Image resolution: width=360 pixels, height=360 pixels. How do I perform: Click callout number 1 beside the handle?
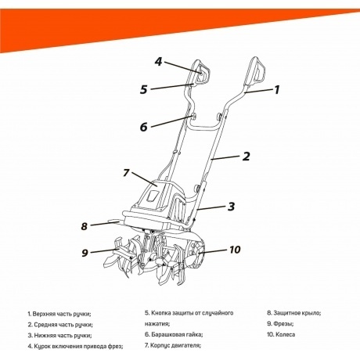pos(275,90)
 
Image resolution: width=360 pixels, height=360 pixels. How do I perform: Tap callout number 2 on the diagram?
pos(246,157)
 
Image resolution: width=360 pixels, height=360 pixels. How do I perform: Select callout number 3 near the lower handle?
pos(232,207)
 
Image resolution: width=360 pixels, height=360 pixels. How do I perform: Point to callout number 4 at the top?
pos(157,61)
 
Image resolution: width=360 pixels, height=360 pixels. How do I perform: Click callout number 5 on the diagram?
pos(144,89)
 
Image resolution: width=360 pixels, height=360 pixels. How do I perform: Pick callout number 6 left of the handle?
pos(143,127)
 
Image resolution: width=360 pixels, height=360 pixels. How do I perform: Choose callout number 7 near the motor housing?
pos(125,173)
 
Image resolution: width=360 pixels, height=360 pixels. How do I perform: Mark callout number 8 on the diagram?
pos(85,227)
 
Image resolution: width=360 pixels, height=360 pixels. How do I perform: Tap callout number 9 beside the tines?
pos(85,253)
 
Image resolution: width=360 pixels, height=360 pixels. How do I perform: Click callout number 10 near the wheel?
pos(235,250)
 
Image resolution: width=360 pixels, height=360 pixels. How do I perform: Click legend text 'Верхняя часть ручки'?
pos(63,313)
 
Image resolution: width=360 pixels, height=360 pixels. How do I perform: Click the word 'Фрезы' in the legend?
pos(282,323)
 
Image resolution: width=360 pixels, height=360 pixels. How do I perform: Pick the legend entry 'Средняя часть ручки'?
pos(63,324)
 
